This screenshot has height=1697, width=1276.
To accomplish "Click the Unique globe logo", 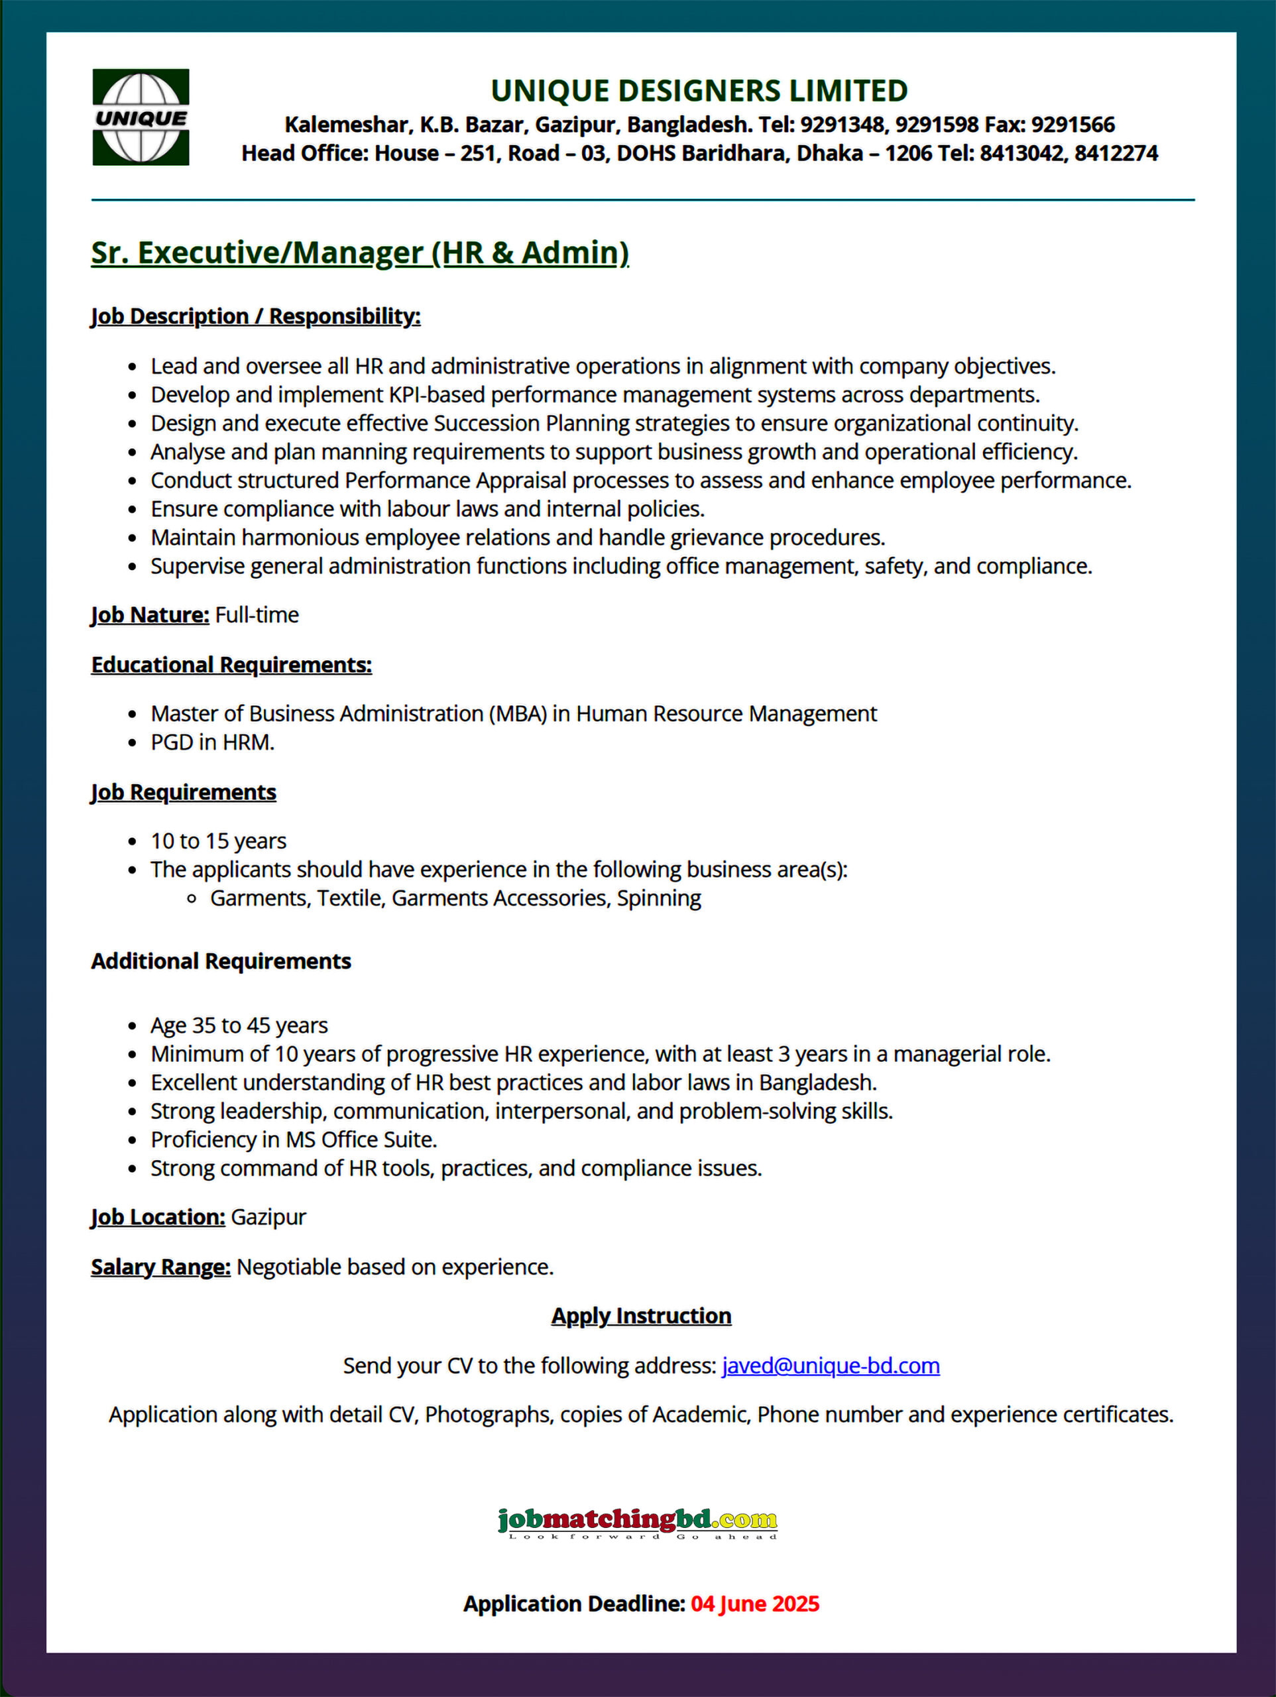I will (x=141, y=117).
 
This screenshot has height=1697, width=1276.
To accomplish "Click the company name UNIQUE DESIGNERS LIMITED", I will (x=699, y=91).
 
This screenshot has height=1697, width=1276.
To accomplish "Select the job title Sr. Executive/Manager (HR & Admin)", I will (x=360, y=253).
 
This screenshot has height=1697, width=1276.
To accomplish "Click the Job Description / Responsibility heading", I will (x=255, y=316).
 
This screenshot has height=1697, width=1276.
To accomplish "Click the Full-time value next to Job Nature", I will (x=257, y=614).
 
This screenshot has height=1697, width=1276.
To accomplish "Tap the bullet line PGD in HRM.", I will (x=213, y=742).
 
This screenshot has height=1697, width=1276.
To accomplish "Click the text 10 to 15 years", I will (x=219, y=841).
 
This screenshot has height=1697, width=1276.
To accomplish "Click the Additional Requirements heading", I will (x=221, y=961).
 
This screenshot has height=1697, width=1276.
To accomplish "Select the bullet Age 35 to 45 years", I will (x=239, y=1025).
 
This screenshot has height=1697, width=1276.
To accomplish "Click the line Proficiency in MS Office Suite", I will (x=294, y=1140).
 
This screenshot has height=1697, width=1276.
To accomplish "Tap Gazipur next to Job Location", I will (x=268, y=1217).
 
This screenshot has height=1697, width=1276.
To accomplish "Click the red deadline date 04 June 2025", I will (x=754, y=1604).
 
